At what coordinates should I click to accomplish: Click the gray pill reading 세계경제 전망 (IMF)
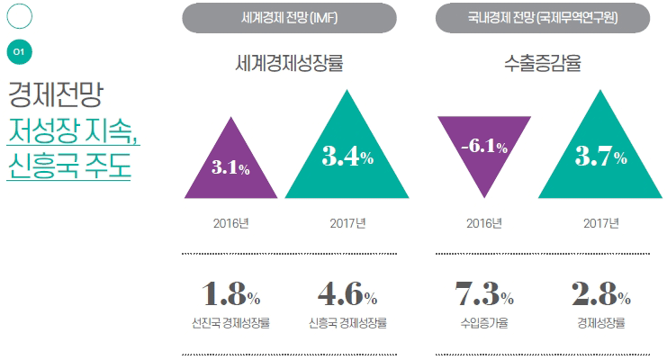pos(289,18)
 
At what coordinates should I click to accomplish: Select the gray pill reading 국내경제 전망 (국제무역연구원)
pos(542,18)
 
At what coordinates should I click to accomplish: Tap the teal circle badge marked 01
pos(19,52)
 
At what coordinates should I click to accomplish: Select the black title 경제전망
pos(56,94)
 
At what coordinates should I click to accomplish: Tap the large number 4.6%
pos(347,294)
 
